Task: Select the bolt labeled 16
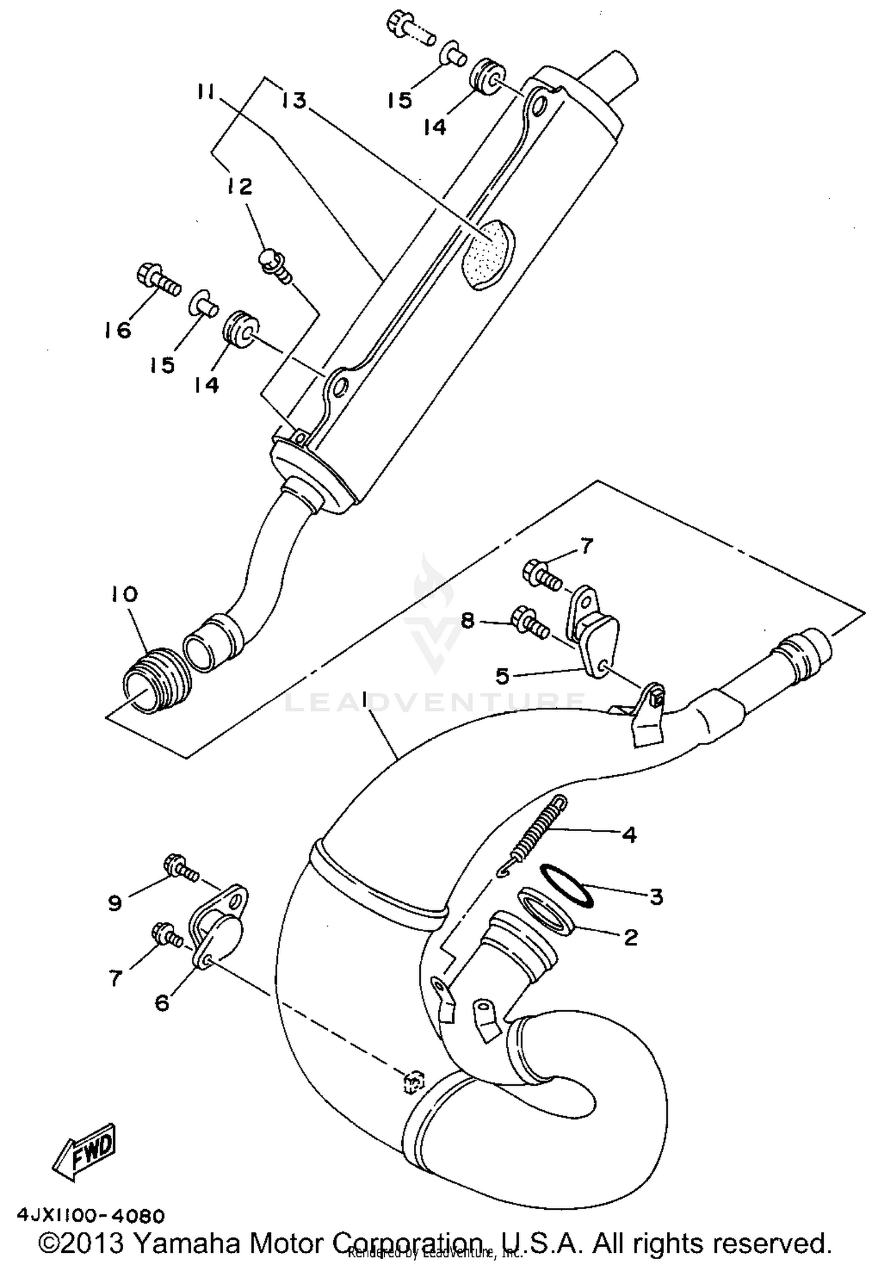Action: (158, 280)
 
